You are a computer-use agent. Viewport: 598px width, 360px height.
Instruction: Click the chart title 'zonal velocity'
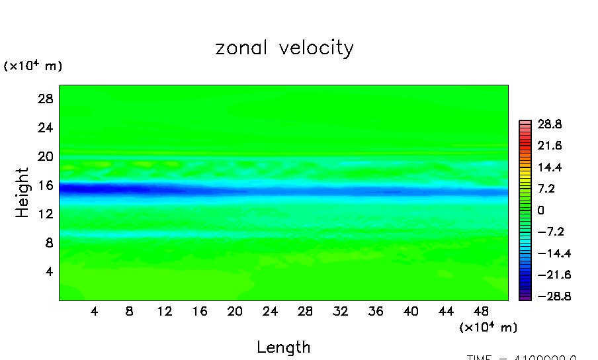tap(284, 48)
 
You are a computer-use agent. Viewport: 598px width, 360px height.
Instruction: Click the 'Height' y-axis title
tap(23, 193)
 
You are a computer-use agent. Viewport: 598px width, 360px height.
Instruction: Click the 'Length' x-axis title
tap(283, 347)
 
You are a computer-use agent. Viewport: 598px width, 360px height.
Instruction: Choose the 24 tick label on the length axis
tap(270, 311)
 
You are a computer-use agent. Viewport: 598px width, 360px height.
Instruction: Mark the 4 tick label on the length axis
tap(94, 311)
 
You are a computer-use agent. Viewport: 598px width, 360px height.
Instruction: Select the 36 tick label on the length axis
tap(376, 311)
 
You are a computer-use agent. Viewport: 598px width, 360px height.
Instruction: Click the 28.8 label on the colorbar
tap(548, 124)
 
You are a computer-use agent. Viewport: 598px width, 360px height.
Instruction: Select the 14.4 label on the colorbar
tap(548, 167)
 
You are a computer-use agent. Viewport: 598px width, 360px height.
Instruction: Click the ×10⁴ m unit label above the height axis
tap(33, 66)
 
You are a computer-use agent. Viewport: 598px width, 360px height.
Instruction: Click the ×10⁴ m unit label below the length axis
tap(488, 327)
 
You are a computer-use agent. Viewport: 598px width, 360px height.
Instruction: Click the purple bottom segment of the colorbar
tap(525, 298)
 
